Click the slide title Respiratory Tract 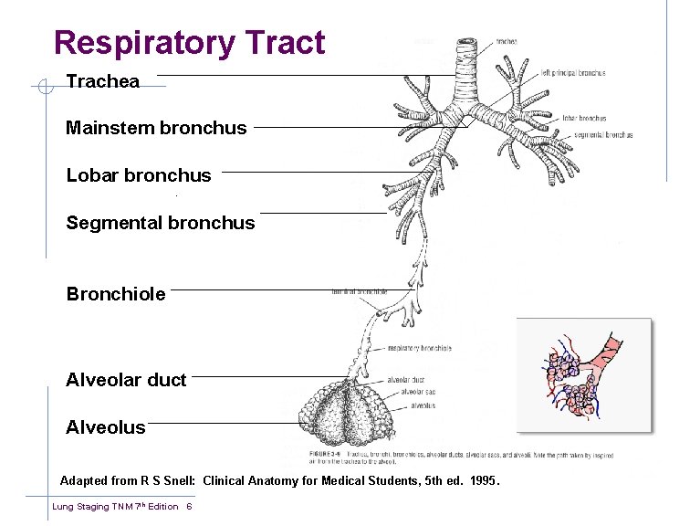189,43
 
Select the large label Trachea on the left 102,81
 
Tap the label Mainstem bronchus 156,128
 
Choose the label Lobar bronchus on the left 139,175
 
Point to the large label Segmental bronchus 161,223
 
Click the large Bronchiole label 116,294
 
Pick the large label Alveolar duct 126,380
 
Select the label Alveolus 106,427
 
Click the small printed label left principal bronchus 572,73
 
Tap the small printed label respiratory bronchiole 420,348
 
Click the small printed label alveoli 423,405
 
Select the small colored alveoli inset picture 584,374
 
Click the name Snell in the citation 172,480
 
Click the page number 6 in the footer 188,507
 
